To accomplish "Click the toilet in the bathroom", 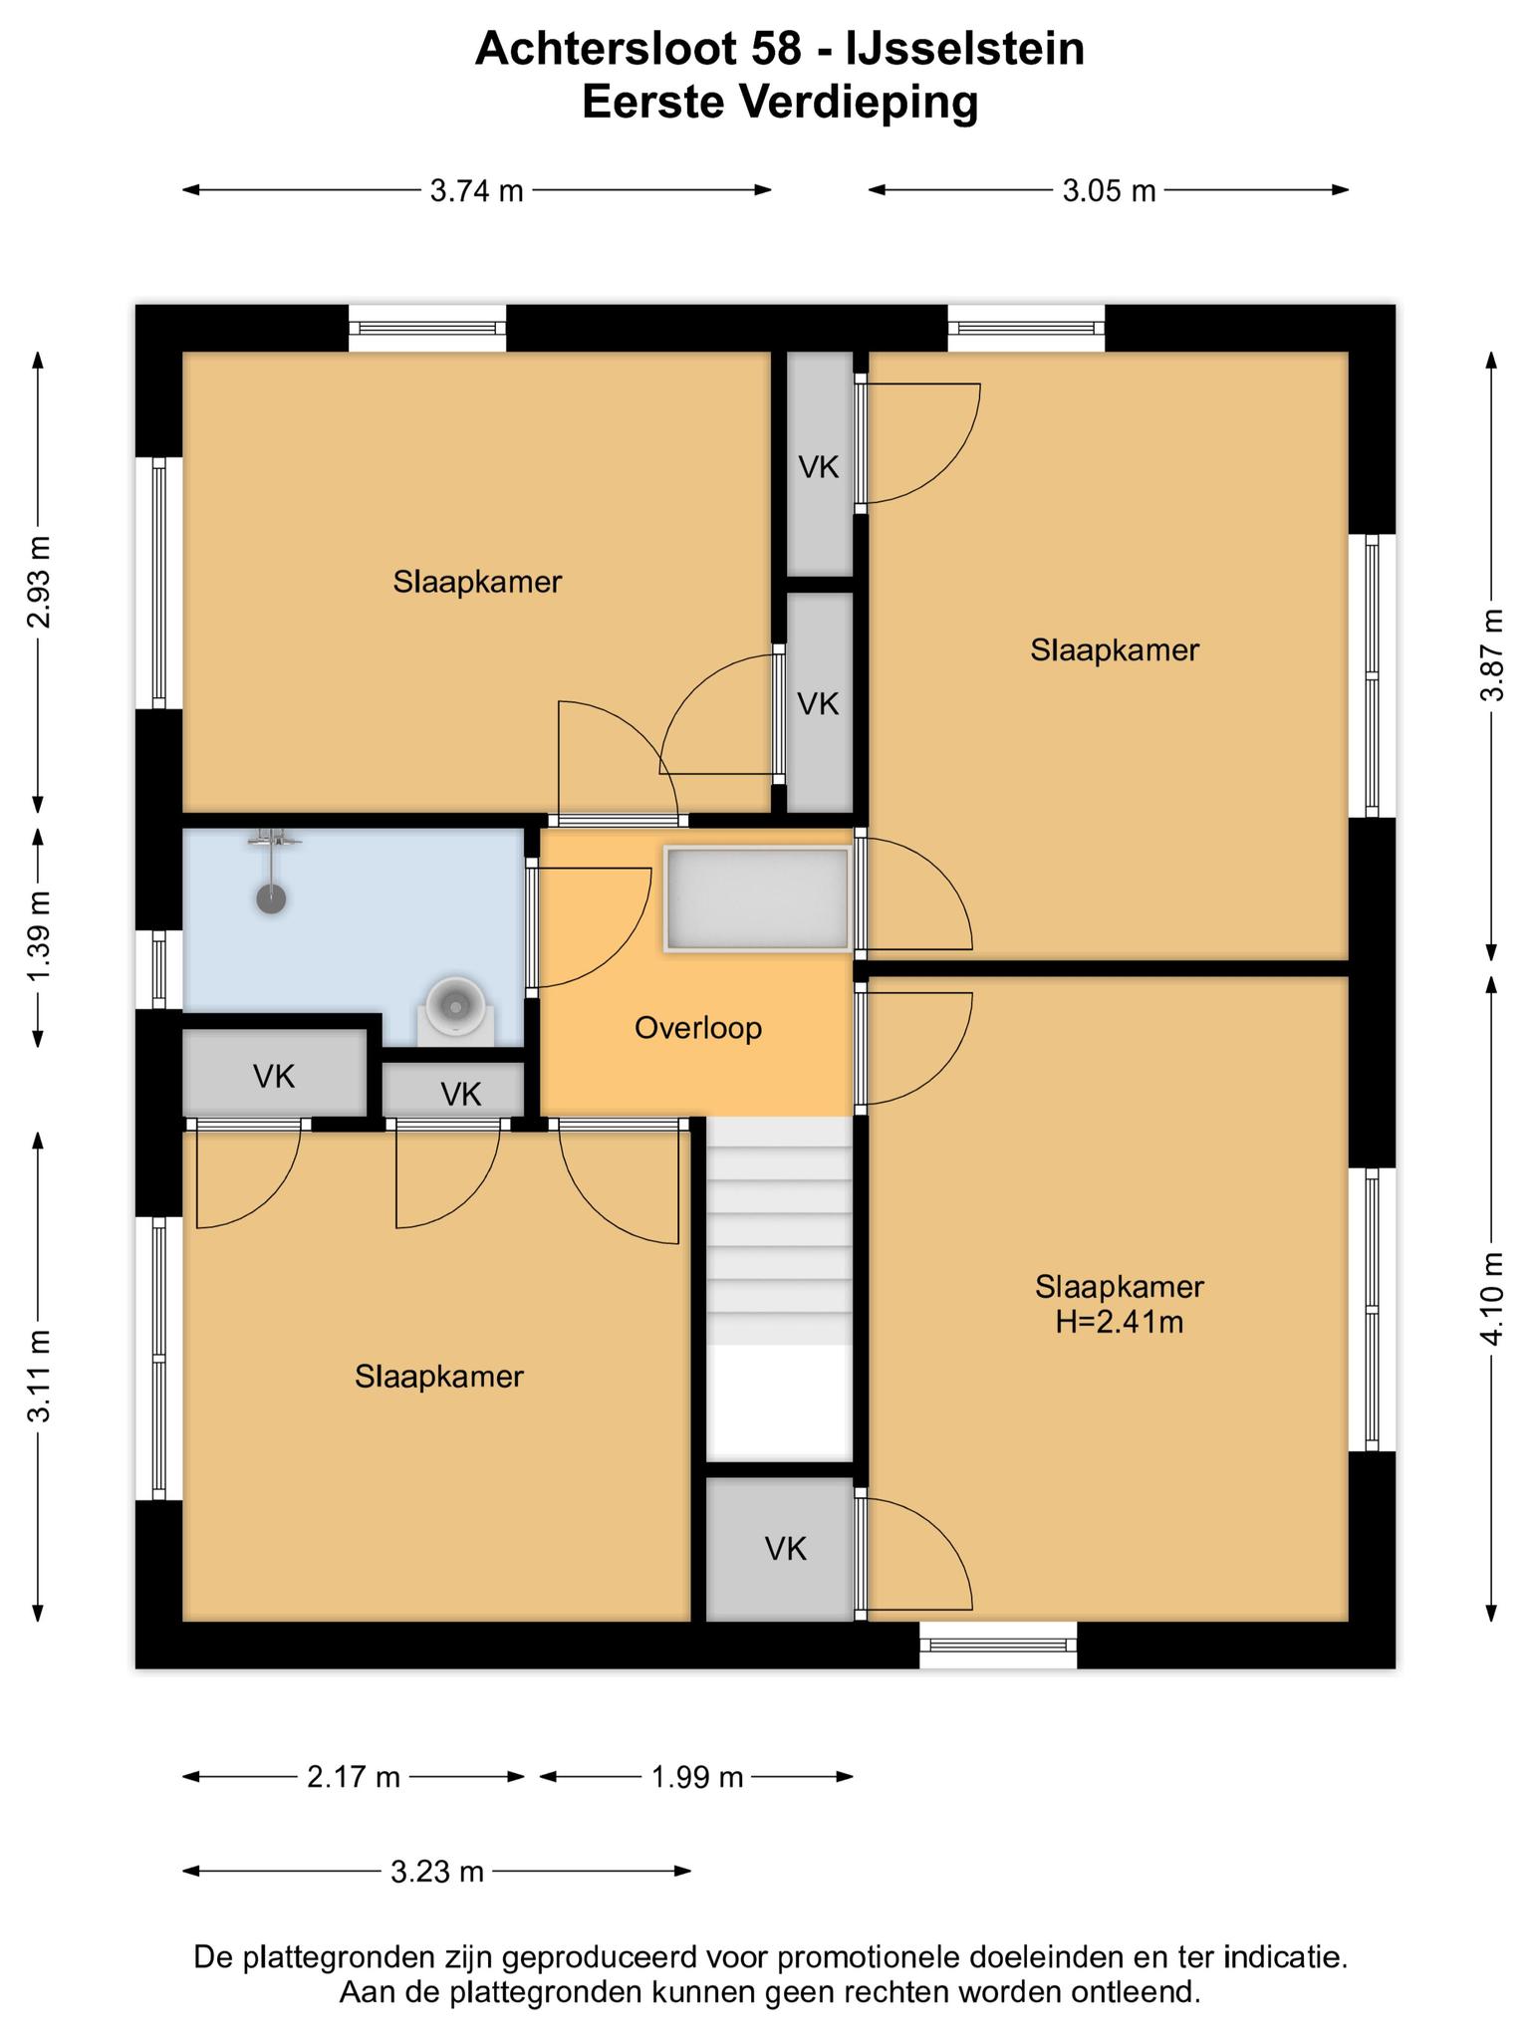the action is (456, 1008).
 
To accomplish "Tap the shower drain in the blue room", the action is (271, 898).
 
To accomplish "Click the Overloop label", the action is (698, 1028).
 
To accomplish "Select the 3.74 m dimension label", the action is (476, 190).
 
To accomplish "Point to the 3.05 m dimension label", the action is (1109, 190).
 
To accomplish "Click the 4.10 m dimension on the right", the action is (1491, 1298).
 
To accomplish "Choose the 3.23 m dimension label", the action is (436, 1872).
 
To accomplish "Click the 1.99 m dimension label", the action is (697, 1777).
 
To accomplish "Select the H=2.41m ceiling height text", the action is (1120, 1322).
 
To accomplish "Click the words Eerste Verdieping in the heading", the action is (780, 103).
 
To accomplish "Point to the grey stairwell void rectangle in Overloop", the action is (758, 898).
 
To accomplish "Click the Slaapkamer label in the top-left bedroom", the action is (477, 582).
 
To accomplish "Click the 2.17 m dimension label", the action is (353, 1777).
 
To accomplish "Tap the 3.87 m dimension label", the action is (1491, 653).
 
